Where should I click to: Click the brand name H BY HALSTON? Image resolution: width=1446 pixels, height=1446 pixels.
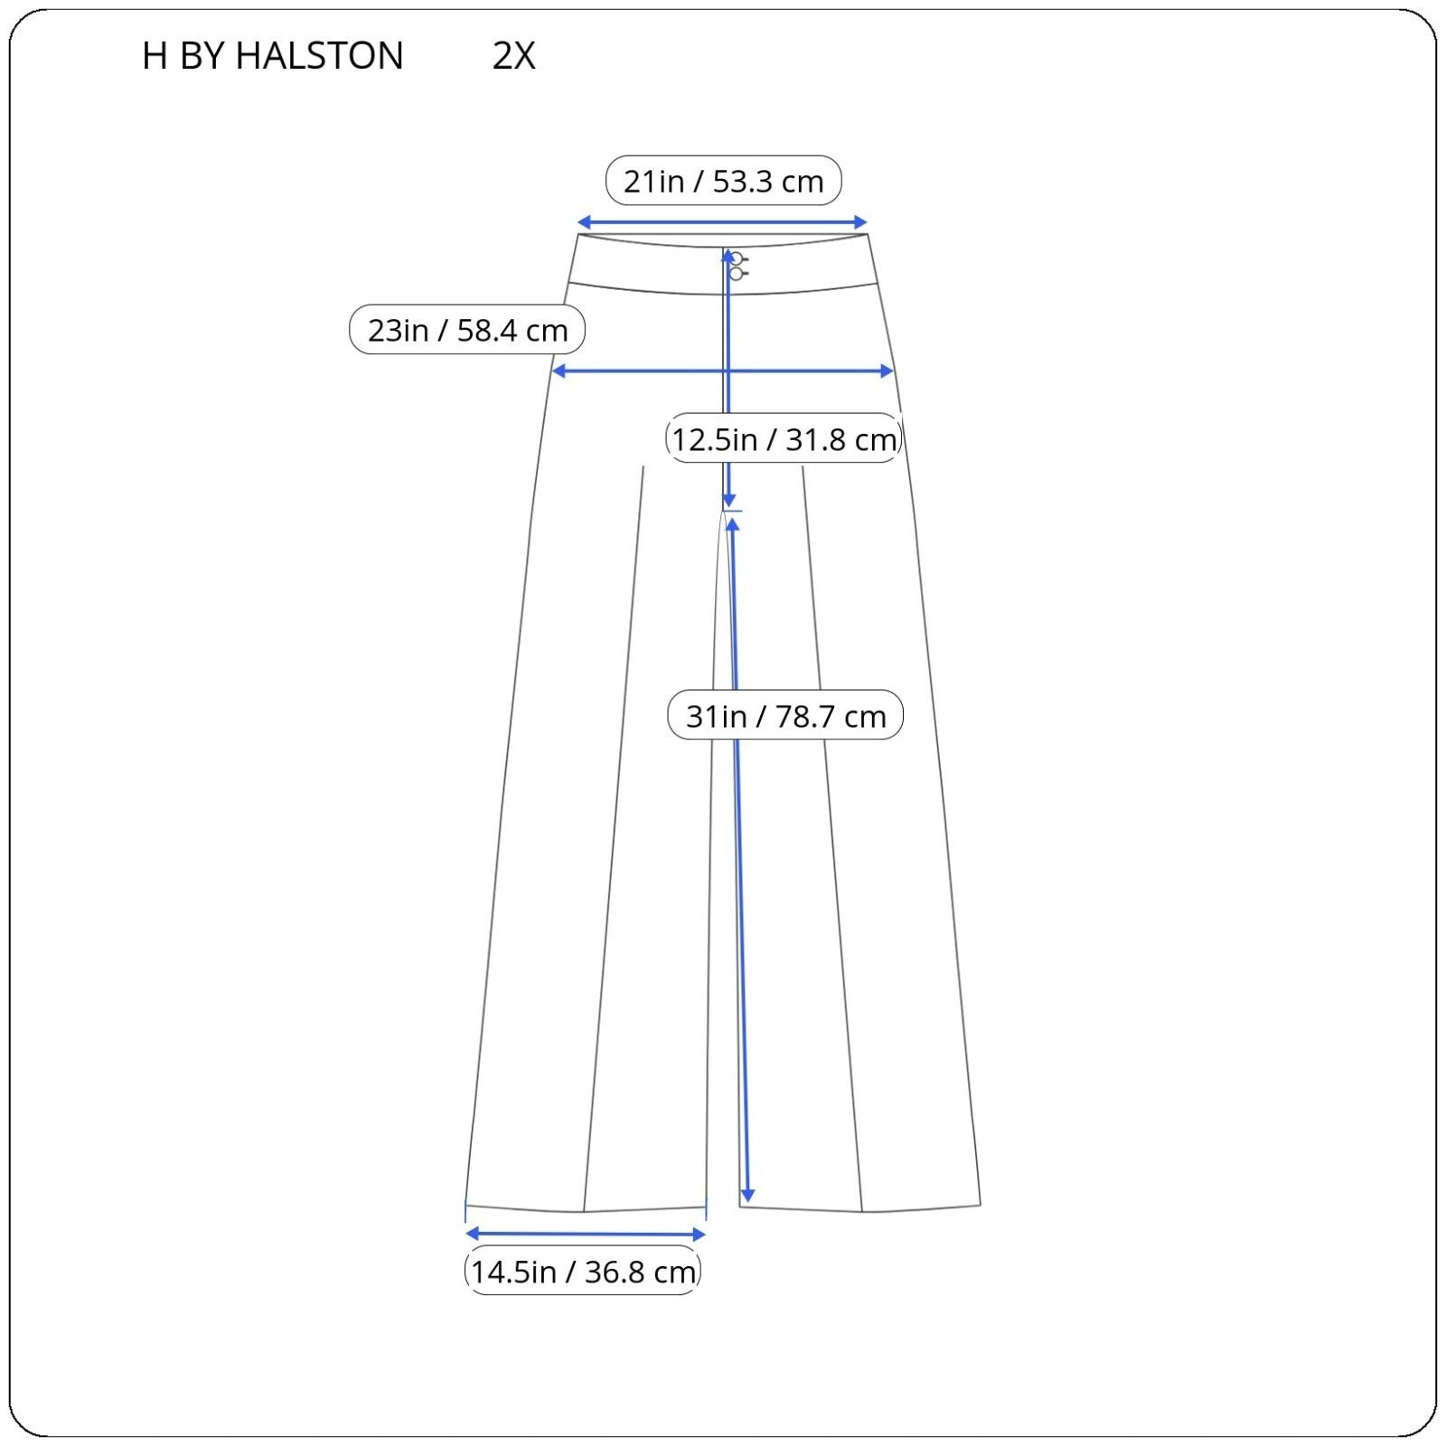[x=272, y=56]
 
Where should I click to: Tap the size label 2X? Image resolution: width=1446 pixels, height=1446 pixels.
[x=513, y=56]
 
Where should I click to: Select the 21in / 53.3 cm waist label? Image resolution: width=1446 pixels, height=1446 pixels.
[x=723, y=181]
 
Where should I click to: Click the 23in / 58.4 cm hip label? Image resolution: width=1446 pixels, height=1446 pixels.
[x=467, y=330]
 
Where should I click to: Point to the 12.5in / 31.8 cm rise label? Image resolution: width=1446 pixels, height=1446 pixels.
[x=784, y=439]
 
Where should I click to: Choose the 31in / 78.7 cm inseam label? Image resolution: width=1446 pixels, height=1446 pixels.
[x=785, y=716]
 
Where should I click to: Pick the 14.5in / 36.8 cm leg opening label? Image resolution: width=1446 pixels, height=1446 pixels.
[x=583, y=1272]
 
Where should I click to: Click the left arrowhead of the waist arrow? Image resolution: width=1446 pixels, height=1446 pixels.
[x=584, y=222]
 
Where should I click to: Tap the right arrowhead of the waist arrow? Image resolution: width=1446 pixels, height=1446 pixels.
[x=860, y=222]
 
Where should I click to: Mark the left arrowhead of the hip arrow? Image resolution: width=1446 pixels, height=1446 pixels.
[x=559, y=371]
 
